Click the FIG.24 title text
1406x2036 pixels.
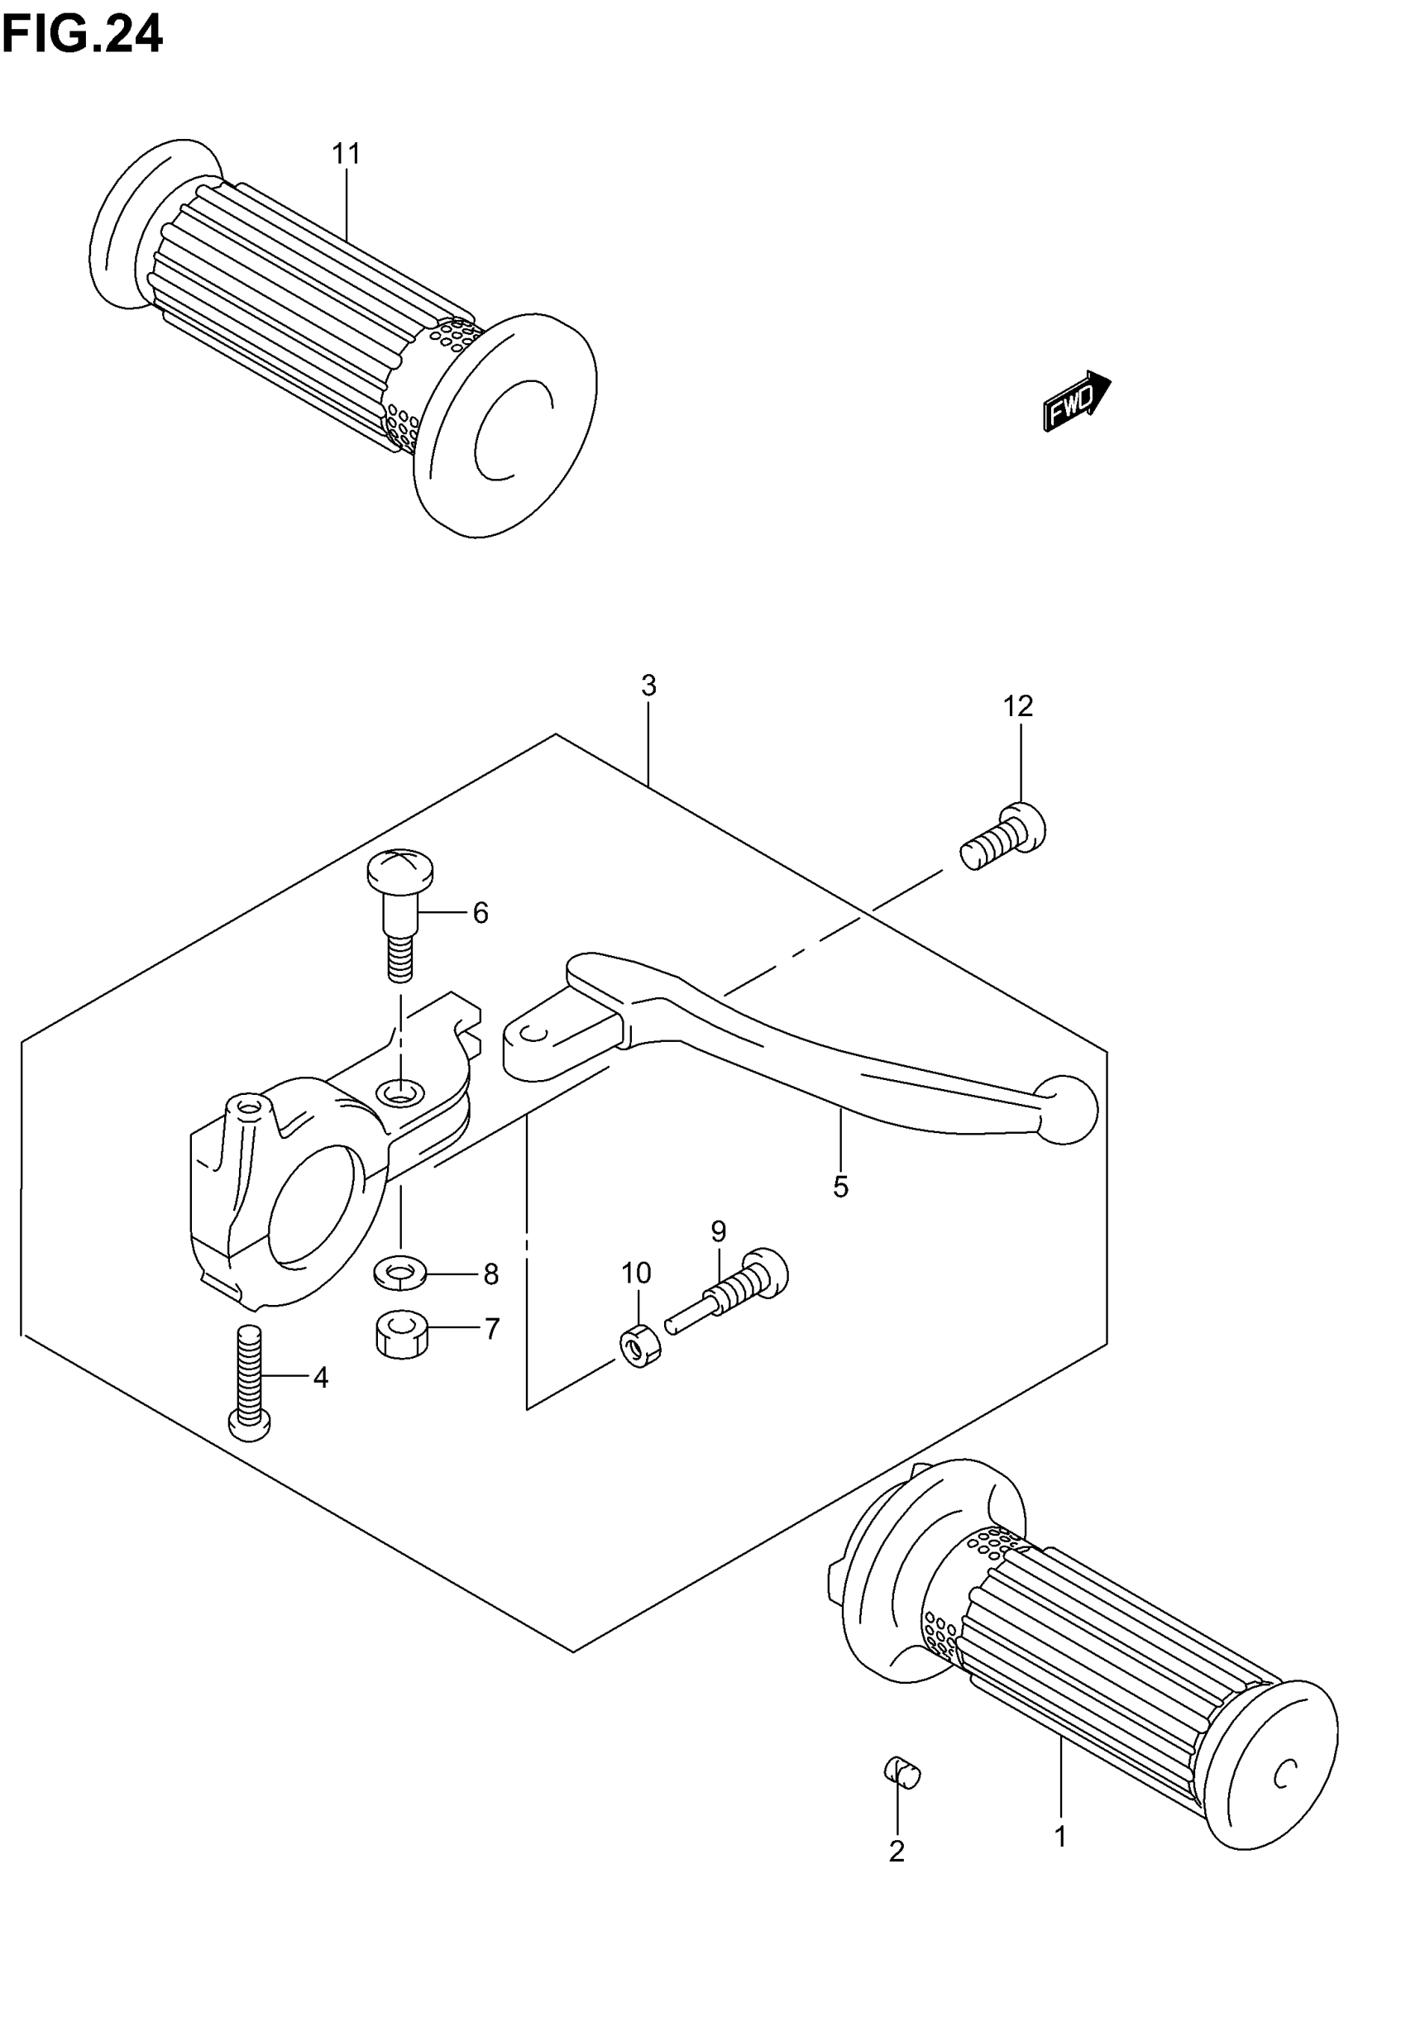pyautogui.click(x=82, y=36)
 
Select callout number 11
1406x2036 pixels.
pyautogui.click(x=347, y=154)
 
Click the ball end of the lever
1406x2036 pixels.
pyautogui.click(x=1068, y=1110)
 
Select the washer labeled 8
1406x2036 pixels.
pyautogui.click(x=400, y=1273)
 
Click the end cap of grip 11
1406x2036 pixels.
pyautogui.click(x=505, y=424)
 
